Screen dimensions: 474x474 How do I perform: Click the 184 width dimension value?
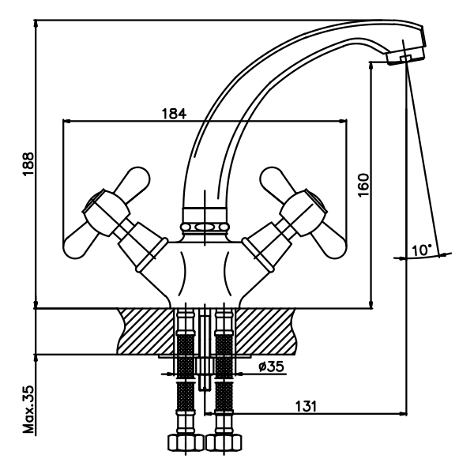(174, 113)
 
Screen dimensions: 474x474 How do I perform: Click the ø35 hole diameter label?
(271, 367)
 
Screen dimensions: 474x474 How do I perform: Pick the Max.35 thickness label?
(28, 411)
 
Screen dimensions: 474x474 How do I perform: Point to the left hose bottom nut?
(182, 442)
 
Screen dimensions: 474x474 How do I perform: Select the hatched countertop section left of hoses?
(146, 330)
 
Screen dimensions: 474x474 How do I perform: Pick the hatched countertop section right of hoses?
(265, 330)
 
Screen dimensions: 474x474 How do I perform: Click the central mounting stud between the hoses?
(205, 355)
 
